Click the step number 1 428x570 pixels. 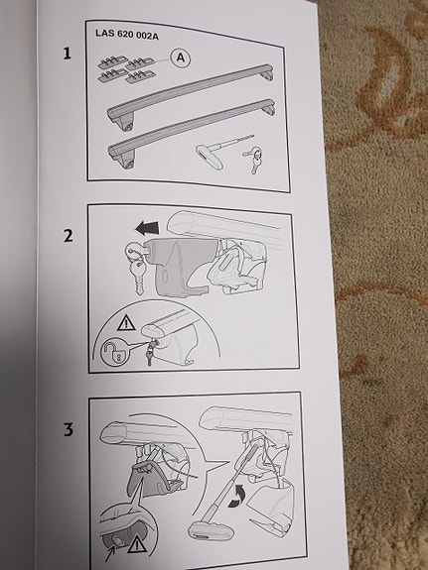(x=67, y=54)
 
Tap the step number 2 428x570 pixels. (x=69, y=236)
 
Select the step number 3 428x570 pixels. (x=69, y=429)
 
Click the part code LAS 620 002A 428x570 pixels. (x=127, y=35)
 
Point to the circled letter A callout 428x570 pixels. (x=181, y=57)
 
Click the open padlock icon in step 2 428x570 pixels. (x=113, y=353)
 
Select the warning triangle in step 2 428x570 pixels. (x=126, y=323)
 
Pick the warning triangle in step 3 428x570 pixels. (x=137, y=544)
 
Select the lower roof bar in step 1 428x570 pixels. (x=192, y=133)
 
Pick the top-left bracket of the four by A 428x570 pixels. (x=110, y=63)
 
